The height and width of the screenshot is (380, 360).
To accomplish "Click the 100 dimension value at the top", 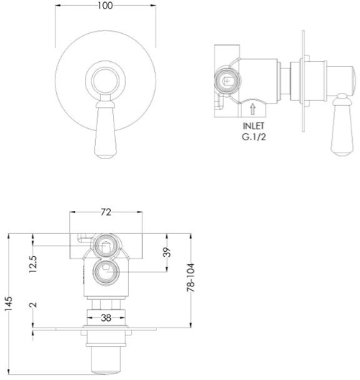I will click(x=106, y=6).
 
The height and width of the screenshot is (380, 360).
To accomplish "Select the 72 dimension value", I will click(x=106, y=213).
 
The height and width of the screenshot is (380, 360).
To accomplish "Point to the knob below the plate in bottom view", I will click(x=106, y=358).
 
